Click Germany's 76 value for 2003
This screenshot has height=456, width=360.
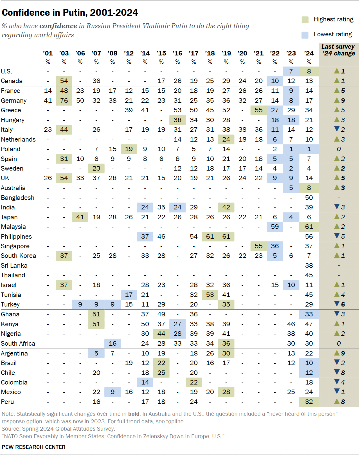click(x=64, y=100)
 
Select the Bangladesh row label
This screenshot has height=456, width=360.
click(x=17, y=198)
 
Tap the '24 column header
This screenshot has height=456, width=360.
click(x=309, y=53)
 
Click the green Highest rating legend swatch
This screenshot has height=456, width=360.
click(x=305, y=20)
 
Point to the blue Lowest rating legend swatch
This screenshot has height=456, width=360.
click(x=305, y=35)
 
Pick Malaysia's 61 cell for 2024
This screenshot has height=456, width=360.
click(x=309, y=227)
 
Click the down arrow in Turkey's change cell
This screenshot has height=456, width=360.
click(x=337, y=304)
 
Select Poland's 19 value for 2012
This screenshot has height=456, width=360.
click(x=129, y=149)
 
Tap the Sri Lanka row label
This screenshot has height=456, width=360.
click(x=14, y=265)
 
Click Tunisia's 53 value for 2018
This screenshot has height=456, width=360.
click(x=210, y=295)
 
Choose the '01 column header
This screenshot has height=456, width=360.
click(x=48, y=53)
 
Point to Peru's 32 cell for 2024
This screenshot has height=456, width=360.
click(x=309, y=402)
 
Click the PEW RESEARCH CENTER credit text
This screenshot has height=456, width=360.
click(x=33, y=447)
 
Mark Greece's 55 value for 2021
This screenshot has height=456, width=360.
click(x=258, y=110)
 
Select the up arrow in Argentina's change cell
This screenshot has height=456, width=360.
click(x=337, y=353)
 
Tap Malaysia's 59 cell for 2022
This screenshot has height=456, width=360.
click(x=275, y=227)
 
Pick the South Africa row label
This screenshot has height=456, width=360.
click(x=18, y=343)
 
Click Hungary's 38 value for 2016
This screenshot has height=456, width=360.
click(x=177, y=120)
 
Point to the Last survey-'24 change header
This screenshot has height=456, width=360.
click(x=339, y=50)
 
